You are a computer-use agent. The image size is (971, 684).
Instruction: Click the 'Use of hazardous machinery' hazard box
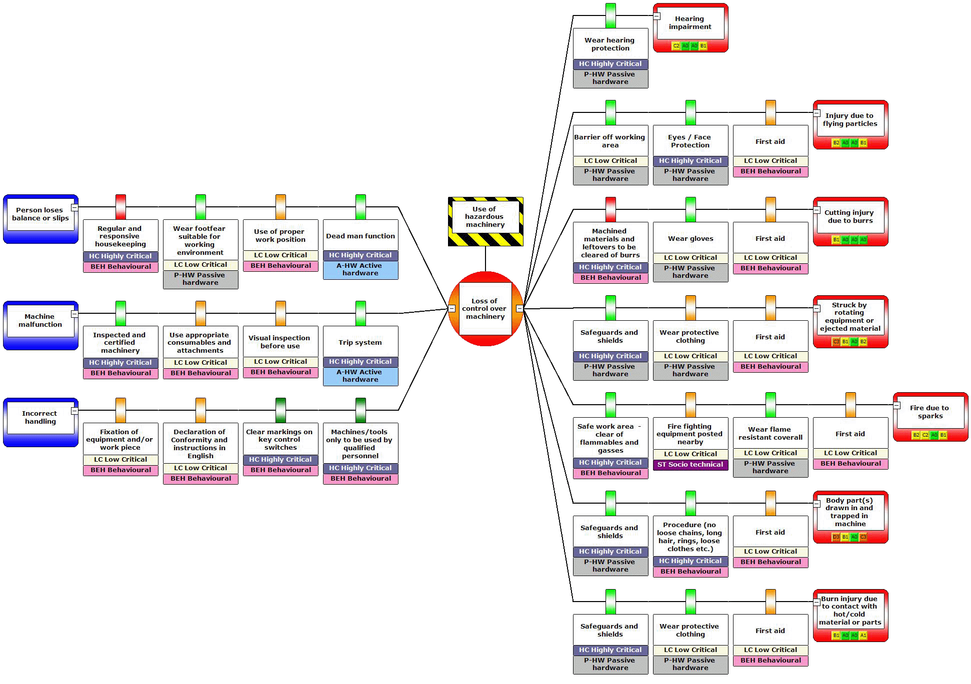pyautogui.click(x=485, y=217)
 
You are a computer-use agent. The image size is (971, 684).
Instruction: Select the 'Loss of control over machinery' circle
pyautogui.click(x=485, y=309)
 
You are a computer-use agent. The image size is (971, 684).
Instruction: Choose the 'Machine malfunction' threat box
pyautogui.click(x=40, y=321)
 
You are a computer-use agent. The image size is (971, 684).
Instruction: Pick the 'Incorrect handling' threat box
pyautogui.click(x=40, y=418)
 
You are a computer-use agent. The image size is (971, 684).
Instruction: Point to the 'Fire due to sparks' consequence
pyautogui.click(x=929, y=412)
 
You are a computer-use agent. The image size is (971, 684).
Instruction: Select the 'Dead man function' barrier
pyautogui.click(x=360, y=236)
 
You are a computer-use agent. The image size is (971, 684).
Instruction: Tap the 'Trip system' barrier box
pyautogui.click(x=360, y=343)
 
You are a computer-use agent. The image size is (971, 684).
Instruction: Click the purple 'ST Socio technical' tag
pyautogui.click(x=690, y=465)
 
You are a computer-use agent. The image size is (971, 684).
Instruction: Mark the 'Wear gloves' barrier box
pyautogui.click(x=690, y=239)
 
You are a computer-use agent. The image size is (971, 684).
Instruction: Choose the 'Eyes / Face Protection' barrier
pyautogui.click(x=690, y=141)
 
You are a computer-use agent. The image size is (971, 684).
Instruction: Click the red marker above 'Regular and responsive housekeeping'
pyautogui.click(x=120, y=206)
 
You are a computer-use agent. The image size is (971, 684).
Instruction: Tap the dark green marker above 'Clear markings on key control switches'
pyautogui.click(x=280, y=410)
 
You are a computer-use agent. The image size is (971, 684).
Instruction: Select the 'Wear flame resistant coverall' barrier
pyautogui.click(x=770, y=434)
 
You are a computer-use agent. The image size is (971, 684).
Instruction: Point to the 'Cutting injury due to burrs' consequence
pyautogui.click(x=849, y=217)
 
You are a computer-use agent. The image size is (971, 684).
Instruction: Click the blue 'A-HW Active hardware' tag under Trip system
pyautogui.click(x=360, y=376)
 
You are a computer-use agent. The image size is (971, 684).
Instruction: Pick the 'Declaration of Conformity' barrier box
pyautogui.click(x=200, y=444)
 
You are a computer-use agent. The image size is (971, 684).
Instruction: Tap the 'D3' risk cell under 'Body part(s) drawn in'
pyautogui.click(x=836, y=537)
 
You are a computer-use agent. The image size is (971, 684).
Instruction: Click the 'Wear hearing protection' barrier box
pyautogui.click(x=610, y=44)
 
